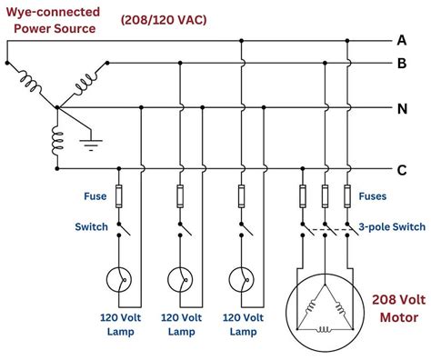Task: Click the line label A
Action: click(x=402, y=39)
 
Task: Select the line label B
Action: click(x=402, y=64)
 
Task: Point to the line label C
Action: click(x=402, y=169)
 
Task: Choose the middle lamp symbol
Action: click(x=181, y=279)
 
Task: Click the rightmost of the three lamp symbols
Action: click(x=241, y=279)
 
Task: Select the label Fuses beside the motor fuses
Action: click(x=373, y=195)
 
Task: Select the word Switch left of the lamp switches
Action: click(x=92, y=226)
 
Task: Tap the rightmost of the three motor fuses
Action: click(x=347, y=195)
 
